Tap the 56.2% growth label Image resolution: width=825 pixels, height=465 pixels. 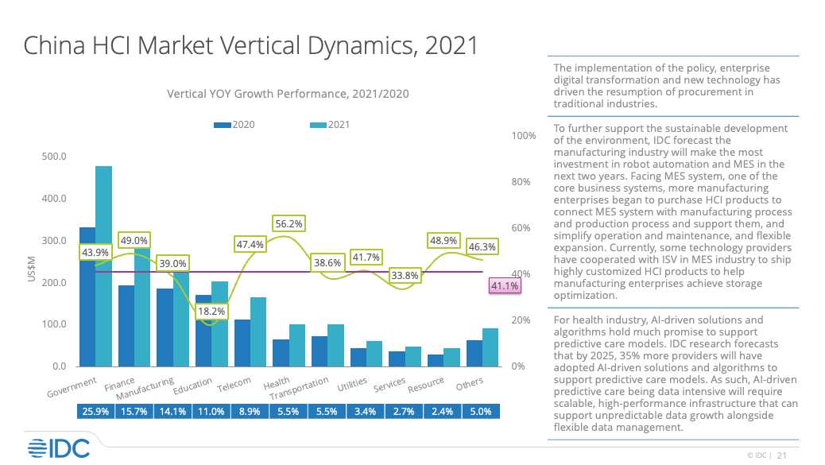pyautogui.click(x=288, y=224)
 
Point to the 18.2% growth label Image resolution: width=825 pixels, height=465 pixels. pyautogui.click(x=212, y=312)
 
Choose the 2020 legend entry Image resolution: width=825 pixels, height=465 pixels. pyautogui.click(x=234, y=125)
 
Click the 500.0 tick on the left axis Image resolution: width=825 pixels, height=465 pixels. pyautogui.click(x=55, y=157)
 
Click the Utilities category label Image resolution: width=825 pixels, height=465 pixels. pyautogui.click(x=351, y=386)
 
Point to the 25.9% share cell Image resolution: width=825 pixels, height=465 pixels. pyautogui.click(x=95, y=412)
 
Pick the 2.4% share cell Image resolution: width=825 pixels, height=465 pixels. pyautogui.click(x=442, y=412)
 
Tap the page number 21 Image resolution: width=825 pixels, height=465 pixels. pyautogui.click(x=782, y=455)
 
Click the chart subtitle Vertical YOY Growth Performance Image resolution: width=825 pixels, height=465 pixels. pyautogui.click(x=288, y=94)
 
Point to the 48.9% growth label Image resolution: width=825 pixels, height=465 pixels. pyautogui.click(x=443, y=239)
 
